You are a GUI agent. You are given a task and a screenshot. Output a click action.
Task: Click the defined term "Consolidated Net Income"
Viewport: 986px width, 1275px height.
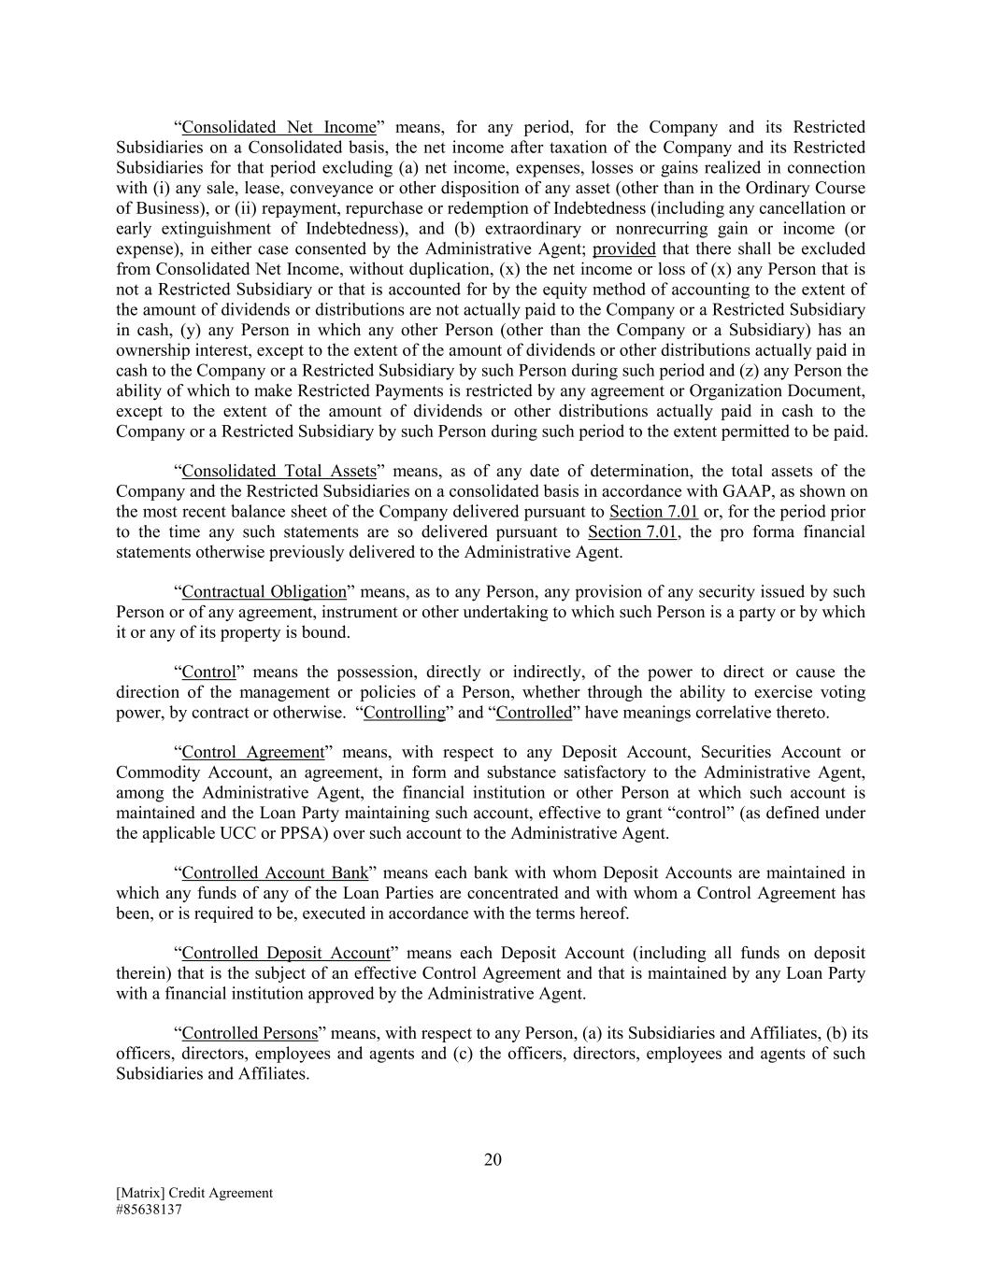(x=279, y=127)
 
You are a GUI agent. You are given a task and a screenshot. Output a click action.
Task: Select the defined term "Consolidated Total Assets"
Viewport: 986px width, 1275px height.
(x=279, y=471)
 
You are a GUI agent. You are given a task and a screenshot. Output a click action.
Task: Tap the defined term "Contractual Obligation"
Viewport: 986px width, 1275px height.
(x=264, y=592)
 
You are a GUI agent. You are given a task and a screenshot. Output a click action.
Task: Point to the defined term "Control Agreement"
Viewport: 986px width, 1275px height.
(x=252, y=753)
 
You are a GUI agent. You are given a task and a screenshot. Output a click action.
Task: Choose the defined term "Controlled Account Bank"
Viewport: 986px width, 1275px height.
(x=275, y=873)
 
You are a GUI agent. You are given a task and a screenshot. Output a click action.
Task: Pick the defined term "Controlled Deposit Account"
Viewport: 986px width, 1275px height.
(x=285, y=954)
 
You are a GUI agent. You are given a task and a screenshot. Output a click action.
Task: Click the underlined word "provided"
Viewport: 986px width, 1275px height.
(x=624, y=248)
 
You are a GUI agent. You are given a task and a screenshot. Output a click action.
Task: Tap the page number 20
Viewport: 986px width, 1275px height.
(x=493, y=1160)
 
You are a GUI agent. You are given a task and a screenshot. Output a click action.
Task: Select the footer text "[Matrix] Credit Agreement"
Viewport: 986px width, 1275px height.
(x=194, y=1193)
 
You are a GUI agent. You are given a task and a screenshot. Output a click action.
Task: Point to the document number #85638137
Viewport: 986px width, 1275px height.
(x=149, y=1209)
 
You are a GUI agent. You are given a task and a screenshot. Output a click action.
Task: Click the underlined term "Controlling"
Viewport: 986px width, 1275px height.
(x=405, y=713)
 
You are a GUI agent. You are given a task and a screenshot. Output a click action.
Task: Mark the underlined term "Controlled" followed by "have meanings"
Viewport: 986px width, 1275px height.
(x=534, y=713)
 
